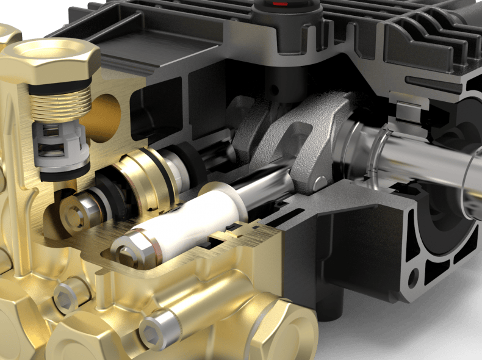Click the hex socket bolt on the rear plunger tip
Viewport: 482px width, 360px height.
tap(74, 213)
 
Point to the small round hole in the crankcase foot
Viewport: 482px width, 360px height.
tap(414, 278)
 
